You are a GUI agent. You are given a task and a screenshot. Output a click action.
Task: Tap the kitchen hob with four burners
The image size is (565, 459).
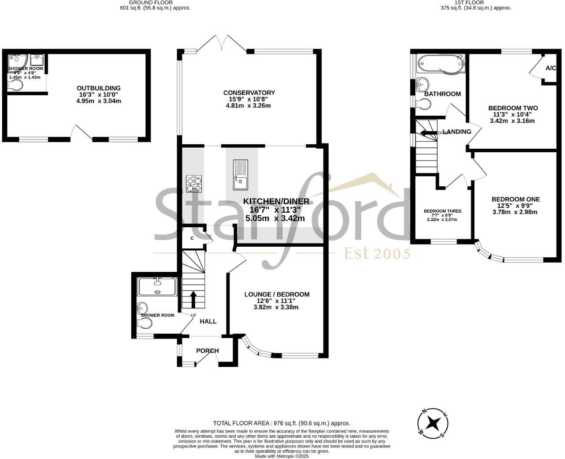pyautogui.click(x=194, y=183)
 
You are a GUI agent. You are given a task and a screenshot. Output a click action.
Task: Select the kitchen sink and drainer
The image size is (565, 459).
pyautogui.click(x=241, y=174)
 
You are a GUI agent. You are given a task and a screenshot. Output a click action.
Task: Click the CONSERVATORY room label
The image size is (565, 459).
pyautogui.click(x=249, y=93)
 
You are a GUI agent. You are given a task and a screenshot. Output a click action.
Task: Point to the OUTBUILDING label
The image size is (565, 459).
pyautogui.click(x=98, y=88)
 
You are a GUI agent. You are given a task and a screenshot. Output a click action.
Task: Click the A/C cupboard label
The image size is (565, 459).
pyautogui.click(x=550, y=68)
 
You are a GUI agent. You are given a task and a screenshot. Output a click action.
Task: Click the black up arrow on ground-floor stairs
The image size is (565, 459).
pyautogui.click(x=193, y=298)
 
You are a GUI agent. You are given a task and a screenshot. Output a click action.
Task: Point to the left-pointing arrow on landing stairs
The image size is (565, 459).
pyautogui.click(x=427, y=132)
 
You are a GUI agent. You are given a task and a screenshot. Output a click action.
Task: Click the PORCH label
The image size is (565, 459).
pyautogui.click(x=207, y=351)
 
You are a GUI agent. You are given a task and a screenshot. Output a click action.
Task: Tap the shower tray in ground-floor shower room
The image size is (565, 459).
pyautogui.click(x=157, y=286)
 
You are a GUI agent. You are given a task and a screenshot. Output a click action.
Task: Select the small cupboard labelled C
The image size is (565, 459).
pyautogui.click(x=192, y=238)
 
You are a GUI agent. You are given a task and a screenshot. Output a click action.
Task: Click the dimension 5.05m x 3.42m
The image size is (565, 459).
pyautogui.click(x=276, y=218)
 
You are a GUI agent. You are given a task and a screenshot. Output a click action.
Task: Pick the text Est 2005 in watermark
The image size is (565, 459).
pyautogui.click(x=377, y=254)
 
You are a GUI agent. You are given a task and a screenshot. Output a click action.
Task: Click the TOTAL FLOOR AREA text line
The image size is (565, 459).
pyautogui.click(x=281, y=423)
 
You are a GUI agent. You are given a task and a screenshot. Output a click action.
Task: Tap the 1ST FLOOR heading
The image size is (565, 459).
pyautogui.click(x=475, y=2)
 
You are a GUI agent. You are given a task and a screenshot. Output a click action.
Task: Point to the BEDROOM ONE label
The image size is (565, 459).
pyautogui.click(x=516, y=199)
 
